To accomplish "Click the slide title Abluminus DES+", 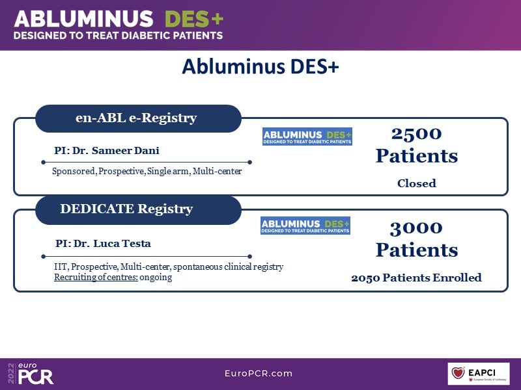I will click(x=260, y=67).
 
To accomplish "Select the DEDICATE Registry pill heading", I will click(x=126, y=209).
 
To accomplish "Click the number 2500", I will click(x=416, y=134).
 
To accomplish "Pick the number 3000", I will click(x=416, y=227).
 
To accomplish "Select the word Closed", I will click(x=416, y=183).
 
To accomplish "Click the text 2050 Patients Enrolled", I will click(x=416, y=278).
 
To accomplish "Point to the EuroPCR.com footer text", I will click(x=258, y=373).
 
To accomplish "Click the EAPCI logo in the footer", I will click(x=478, y=373).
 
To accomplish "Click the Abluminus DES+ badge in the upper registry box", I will click(x=307, y=136).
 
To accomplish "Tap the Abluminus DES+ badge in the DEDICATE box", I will click(x=305, y=226).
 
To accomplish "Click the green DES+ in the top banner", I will click(x=193, y=19).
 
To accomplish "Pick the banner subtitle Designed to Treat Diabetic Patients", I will click(x=119, y=35).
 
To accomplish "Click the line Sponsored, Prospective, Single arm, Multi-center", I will click(x=147, y=172).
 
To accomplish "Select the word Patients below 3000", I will click(x=416, y=250).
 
